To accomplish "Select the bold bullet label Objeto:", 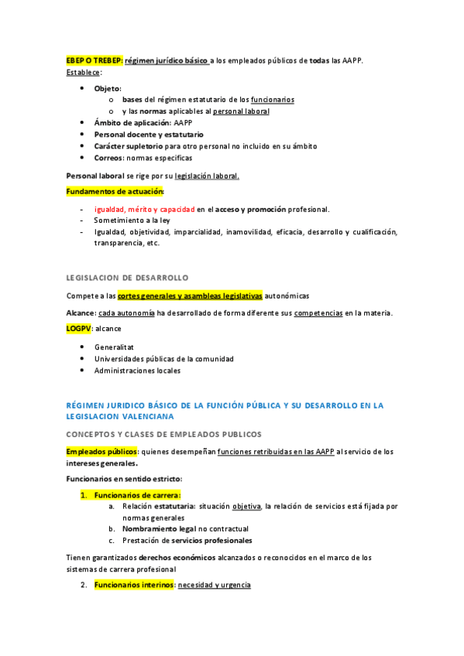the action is coord(108,88).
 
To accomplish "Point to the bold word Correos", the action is coord(110,158).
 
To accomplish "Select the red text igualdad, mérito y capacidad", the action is coord(144,209).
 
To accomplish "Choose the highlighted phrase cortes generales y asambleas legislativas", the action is coord(190,296).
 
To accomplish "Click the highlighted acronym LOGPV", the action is coord(78,328).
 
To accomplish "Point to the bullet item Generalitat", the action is coord(114,347).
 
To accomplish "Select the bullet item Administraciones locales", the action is coord(137,371).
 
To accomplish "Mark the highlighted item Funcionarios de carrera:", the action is coord(136,495).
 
